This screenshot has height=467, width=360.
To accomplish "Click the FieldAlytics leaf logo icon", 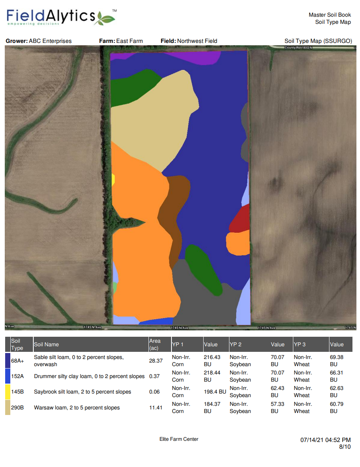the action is (x=105, y=18).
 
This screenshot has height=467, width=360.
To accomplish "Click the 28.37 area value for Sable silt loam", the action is (x=156, y=361).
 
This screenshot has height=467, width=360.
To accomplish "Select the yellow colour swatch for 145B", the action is (x=8, y=392).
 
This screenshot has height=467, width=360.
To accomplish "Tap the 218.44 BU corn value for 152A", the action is (x=212, y=376).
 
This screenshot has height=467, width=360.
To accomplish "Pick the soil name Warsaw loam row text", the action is (x=77, y=407).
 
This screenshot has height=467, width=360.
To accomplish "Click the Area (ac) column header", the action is (x=155, y=344).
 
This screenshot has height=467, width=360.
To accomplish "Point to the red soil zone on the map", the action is (x=240, y=218).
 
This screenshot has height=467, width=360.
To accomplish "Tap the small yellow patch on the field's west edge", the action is (x=113, y=179).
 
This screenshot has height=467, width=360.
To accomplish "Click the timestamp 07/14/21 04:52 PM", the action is (x=325, y=440).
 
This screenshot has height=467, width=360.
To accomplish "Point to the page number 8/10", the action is (x=345, y=447).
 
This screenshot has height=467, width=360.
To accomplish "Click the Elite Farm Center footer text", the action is (x=179, y=439).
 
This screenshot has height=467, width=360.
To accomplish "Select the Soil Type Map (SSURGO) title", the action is (x=318, y=41).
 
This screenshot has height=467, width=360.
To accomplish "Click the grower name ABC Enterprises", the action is (x=50, y=41).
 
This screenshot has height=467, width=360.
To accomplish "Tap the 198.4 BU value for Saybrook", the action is (x=215, y=392).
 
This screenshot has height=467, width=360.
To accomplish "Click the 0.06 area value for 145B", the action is (x=154, y=392).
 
